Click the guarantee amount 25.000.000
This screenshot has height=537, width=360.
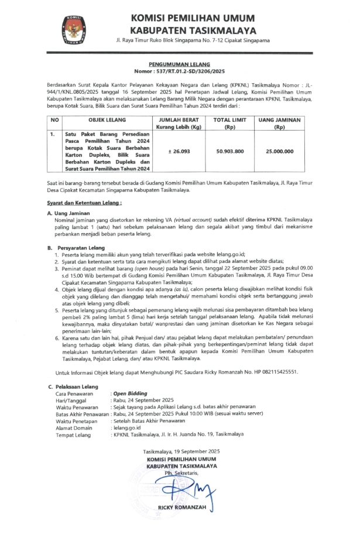279,151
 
